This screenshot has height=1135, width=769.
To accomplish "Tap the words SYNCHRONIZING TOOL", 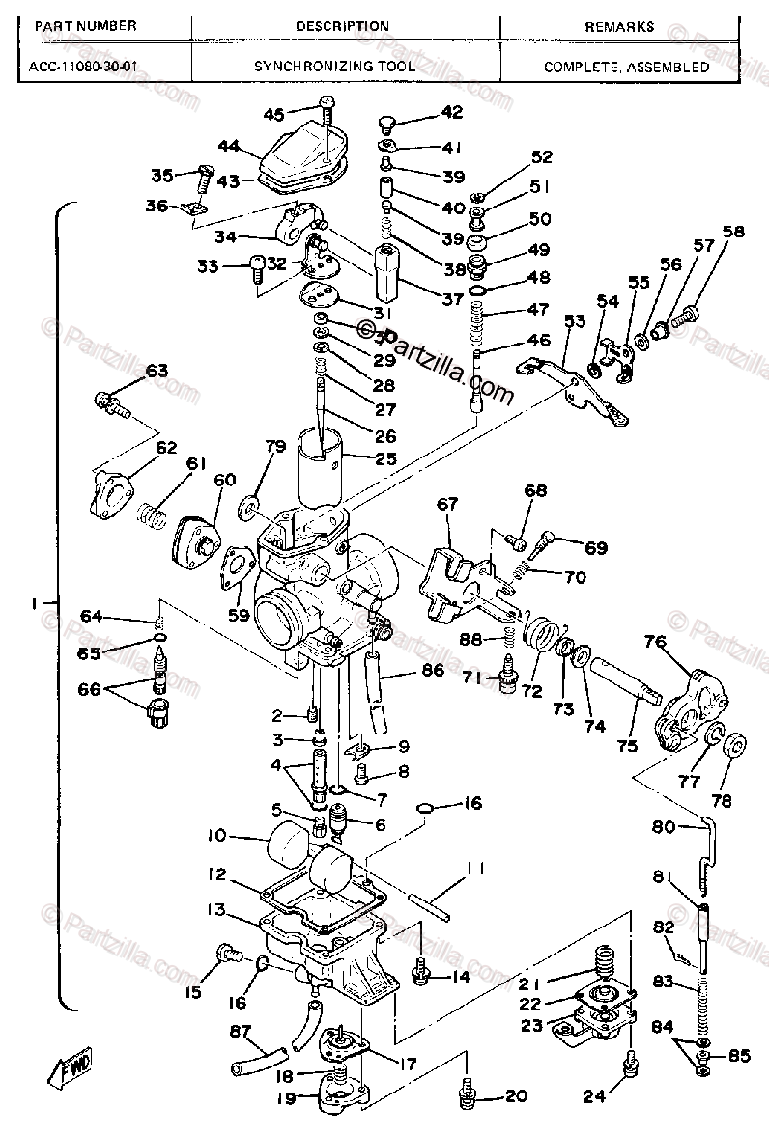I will tap(334, 67).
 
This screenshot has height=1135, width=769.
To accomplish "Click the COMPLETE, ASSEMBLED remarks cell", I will tap(626, 67).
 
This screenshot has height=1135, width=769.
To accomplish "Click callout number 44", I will tap(228, 146).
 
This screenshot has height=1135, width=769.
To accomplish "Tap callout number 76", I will tap(656, 641).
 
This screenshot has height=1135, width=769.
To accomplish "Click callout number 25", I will tap(385, 458).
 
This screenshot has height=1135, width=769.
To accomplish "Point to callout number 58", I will tap(734, 232).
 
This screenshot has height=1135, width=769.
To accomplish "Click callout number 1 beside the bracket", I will tap(35, 603).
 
